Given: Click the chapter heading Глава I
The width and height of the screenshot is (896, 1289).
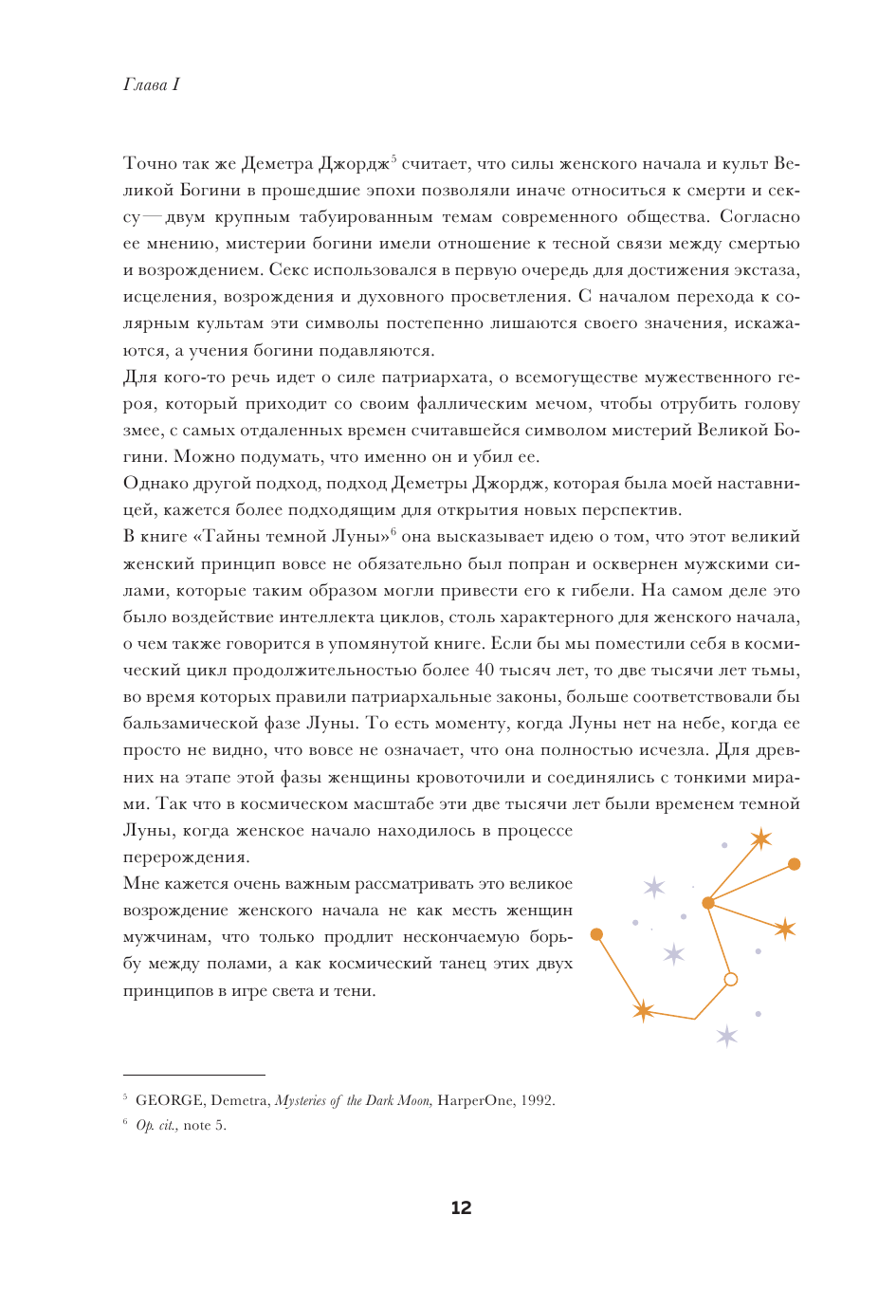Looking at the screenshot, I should [151, 84].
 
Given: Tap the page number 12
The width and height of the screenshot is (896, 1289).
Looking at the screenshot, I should [461, 1207].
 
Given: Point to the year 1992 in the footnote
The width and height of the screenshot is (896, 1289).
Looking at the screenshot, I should [537, 1100].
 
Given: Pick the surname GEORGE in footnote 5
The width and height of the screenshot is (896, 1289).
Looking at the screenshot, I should [170, 1100].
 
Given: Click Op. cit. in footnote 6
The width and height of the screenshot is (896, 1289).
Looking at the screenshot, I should [156, 1125].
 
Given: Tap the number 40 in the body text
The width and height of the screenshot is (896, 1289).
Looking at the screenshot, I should [485, 670].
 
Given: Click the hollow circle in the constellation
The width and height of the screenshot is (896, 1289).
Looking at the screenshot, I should [730, 979].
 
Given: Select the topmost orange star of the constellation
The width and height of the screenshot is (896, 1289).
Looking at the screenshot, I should [760, 838].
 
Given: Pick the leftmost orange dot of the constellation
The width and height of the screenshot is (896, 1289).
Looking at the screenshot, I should [596, 934].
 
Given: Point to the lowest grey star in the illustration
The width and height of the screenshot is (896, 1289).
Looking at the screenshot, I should [726, 1036].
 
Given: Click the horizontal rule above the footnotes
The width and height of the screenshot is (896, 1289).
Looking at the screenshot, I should [193, 1076].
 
